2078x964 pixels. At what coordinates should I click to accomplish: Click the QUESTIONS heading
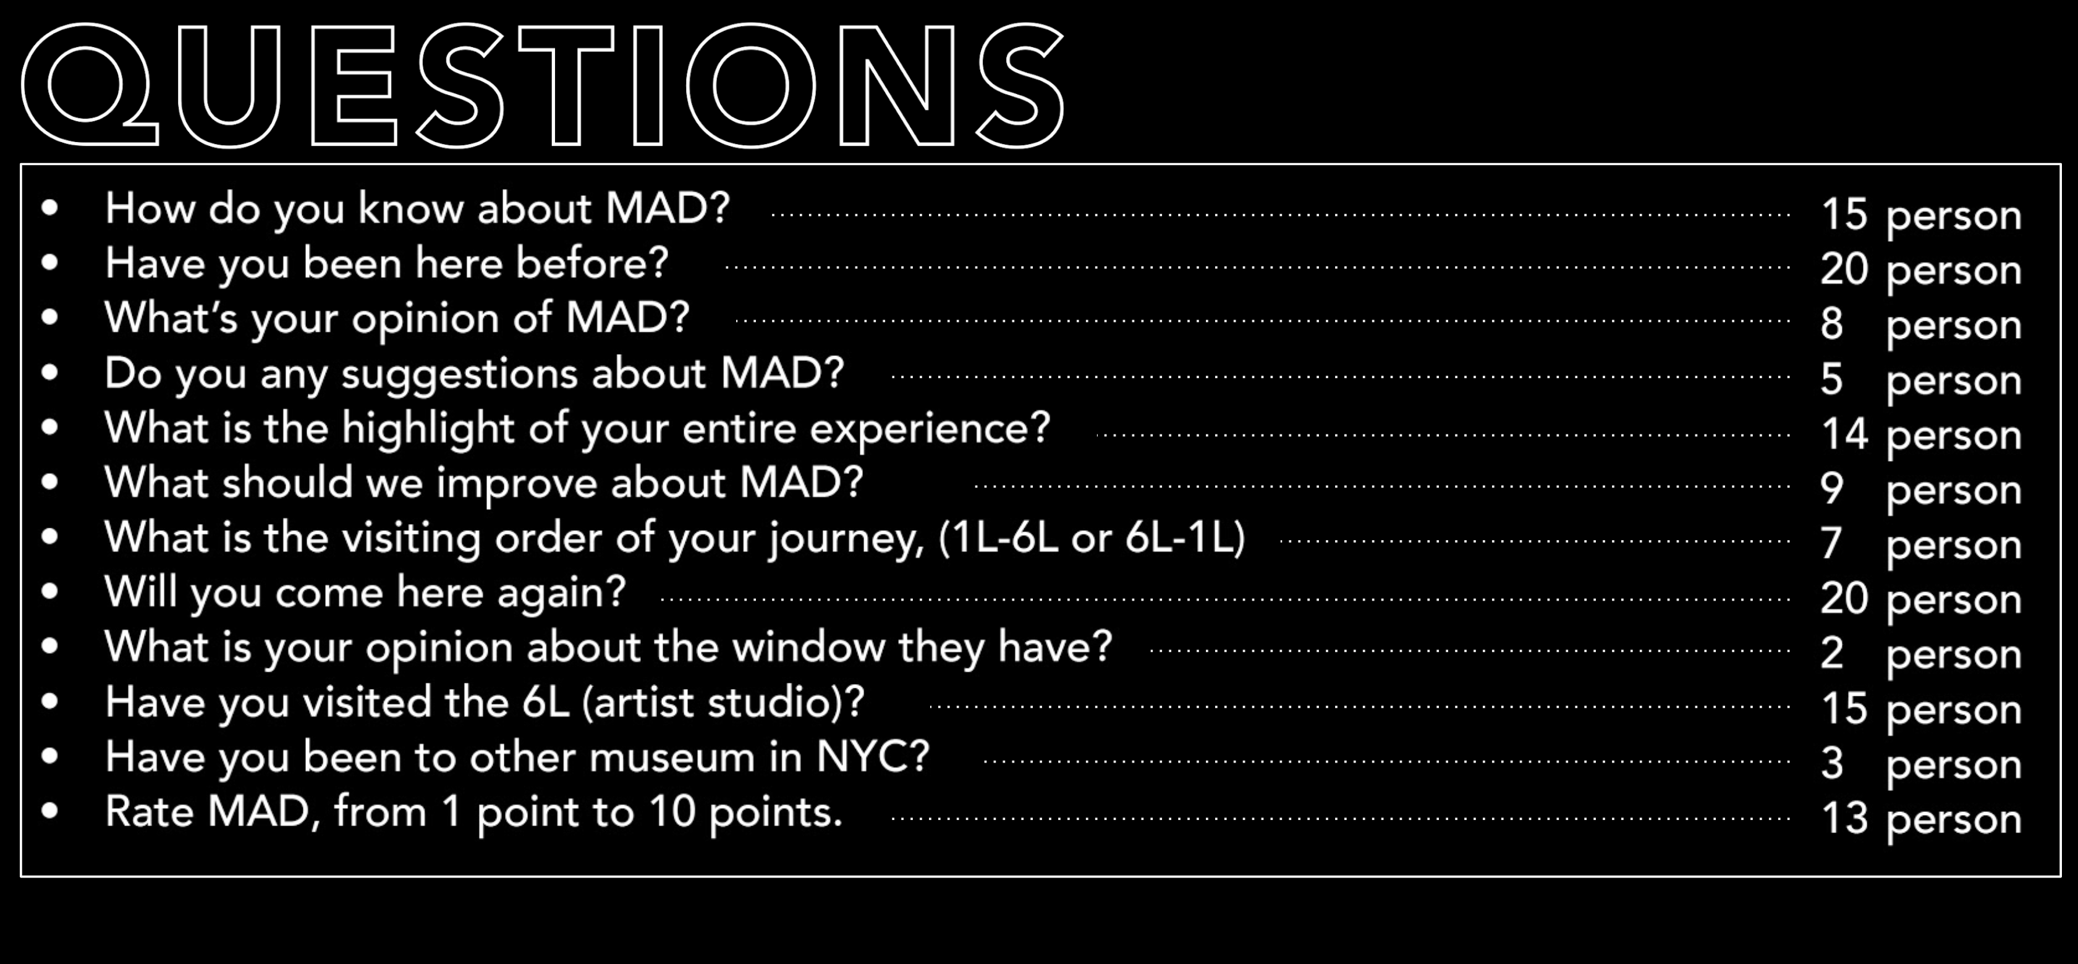543,85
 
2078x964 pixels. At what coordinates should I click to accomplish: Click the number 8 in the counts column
1832,323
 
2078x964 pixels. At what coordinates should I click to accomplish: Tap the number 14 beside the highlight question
1844,433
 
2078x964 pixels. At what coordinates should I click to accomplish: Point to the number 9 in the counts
1832,488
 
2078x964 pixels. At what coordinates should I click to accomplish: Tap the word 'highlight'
428,428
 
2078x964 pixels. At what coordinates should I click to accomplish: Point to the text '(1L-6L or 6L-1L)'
1092,538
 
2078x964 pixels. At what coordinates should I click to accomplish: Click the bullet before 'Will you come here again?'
50,591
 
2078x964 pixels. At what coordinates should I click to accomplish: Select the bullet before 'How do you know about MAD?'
50,207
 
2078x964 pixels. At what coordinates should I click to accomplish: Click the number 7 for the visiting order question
1832,543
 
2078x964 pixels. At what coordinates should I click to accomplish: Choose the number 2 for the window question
1832,653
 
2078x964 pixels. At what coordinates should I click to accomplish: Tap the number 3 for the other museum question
1832,763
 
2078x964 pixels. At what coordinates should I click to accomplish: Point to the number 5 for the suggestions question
1832,378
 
